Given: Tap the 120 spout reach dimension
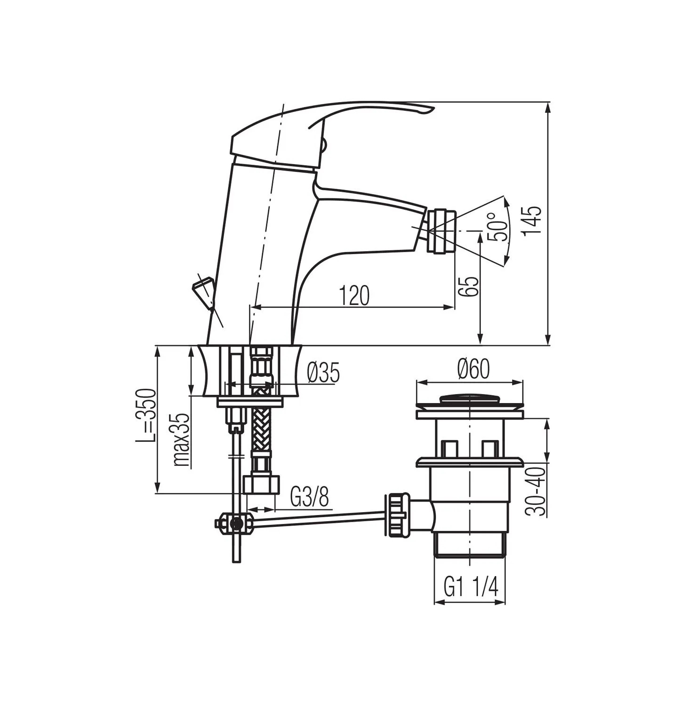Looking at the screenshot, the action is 354,295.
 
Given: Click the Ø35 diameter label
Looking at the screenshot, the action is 323,373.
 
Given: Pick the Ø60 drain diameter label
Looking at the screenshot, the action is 473,369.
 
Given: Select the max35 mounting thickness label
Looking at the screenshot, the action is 181,440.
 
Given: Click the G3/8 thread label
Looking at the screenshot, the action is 309,497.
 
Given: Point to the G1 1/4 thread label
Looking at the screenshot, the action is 470,587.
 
